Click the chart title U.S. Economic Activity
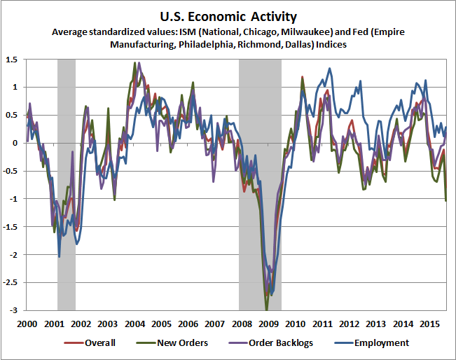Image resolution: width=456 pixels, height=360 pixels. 228,15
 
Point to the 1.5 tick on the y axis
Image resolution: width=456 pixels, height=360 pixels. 13,60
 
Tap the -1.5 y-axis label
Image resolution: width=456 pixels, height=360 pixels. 11,227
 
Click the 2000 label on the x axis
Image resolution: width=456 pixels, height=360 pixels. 27,324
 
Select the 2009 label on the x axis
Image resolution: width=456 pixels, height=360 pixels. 268,324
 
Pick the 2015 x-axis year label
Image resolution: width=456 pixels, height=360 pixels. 429,324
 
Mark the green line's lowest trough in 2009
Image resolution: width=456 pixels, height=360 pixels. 266,309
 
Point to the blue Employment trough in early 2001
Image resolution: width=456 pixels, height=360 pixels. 59,256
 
